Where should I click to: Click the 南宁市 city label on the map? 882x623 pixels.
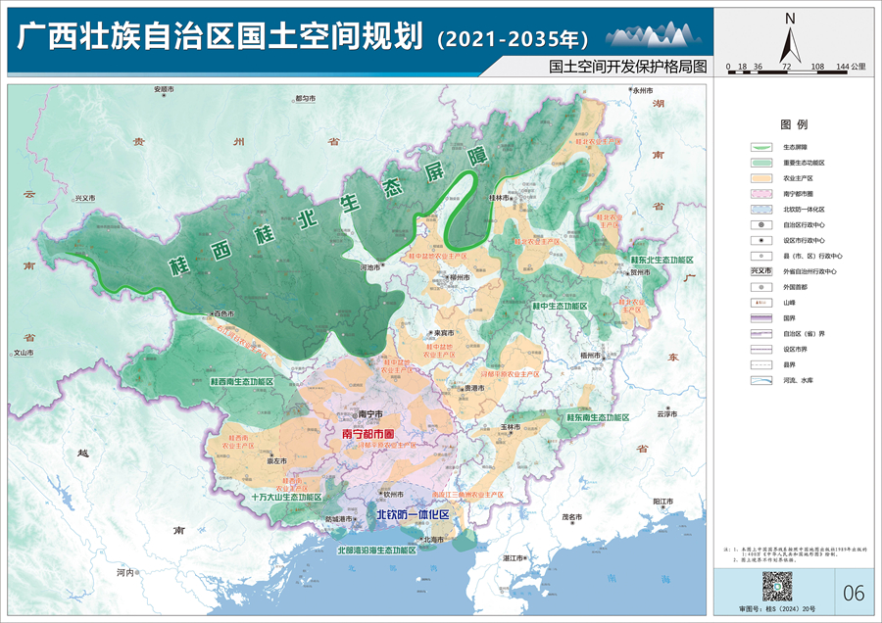368,414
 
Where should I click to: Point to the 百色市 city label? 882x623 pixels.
222,313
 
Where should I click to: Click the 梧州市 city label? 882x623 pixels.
590,355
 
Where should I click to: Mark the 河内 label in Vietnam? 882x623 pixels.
123,571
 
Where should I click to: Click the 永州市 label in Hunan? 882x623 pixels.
643,90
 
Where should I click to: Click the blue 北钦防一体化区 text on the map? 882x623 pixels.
413,514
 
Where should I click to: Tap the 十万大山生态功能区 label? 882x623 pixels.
285,497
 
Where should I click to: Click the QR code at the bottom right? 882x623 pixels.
776,589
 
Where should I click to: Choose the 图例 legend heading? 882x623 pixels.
793,125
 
